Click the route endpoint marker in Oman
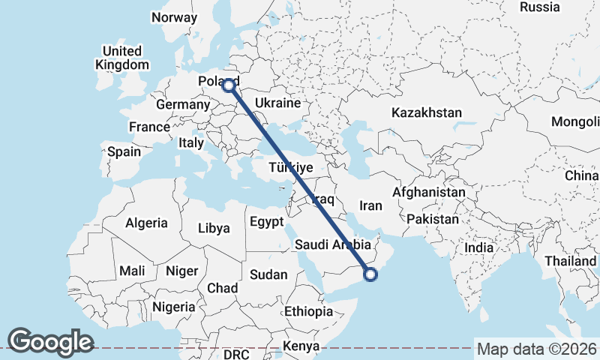(370, 274)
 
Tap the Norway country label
(174, 17)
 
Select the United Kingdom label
(121, 58)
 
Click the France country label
(149, 127)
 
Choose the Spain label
(124, 151)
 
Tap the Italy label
(191, 142)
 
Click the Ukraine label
(277, 103)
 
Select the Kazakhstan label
(426, 112)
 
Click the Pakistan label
(433, 219)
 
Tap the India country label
(478, 247)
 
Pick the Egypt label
(266, 221)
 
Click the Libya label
(214, 228)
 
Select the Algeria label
(146, 223)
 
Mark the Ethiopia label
(308, 311)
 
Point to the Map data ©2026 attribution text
(536, 349)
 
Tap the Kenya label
(301, 346)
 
